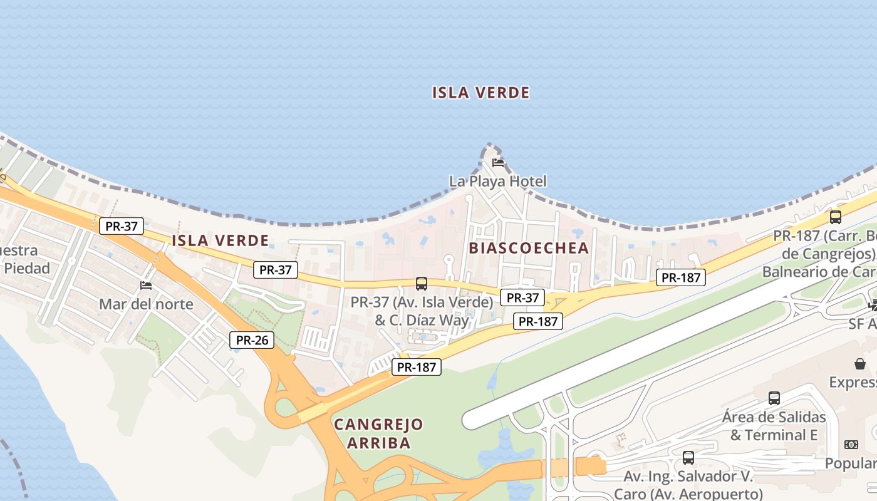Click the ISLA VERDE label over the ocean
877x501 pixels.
[480, 93]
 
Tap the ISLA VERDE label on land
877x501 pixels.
[220, 240]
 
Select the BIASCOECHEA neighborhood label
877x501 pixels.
[529, 247]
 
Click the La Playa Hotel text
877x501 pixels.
[497, 182]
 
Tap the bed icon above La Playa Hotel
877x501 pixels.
[498, 163]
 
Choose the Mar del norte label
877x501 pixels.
[146, 304]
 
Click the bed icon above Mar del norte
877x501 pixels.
[146, 286]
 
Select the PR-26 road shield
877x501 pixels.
[252, 340]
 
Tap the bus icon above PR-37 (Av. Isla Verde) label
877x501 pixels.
[422, 284]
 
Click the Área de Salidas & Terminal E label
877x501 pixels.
[774, 426]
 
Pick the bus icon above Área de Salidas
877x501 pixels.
[774, 398]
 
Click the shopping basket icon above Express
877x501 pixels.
[860, 364]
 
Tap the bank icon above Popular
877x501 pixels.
[851, 445]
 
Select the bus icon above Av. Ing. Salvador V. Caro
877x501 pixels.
[688, 458]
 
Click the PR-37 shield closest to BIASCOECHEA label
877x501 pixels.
[522, 297]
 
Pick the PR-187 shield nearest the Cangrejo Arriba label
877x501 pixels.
[417, 368]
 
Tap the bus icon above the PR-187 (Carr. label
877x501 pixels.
[835, 217]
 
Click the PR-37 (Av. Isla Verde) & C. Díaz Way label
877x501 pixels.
[422, 311]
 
